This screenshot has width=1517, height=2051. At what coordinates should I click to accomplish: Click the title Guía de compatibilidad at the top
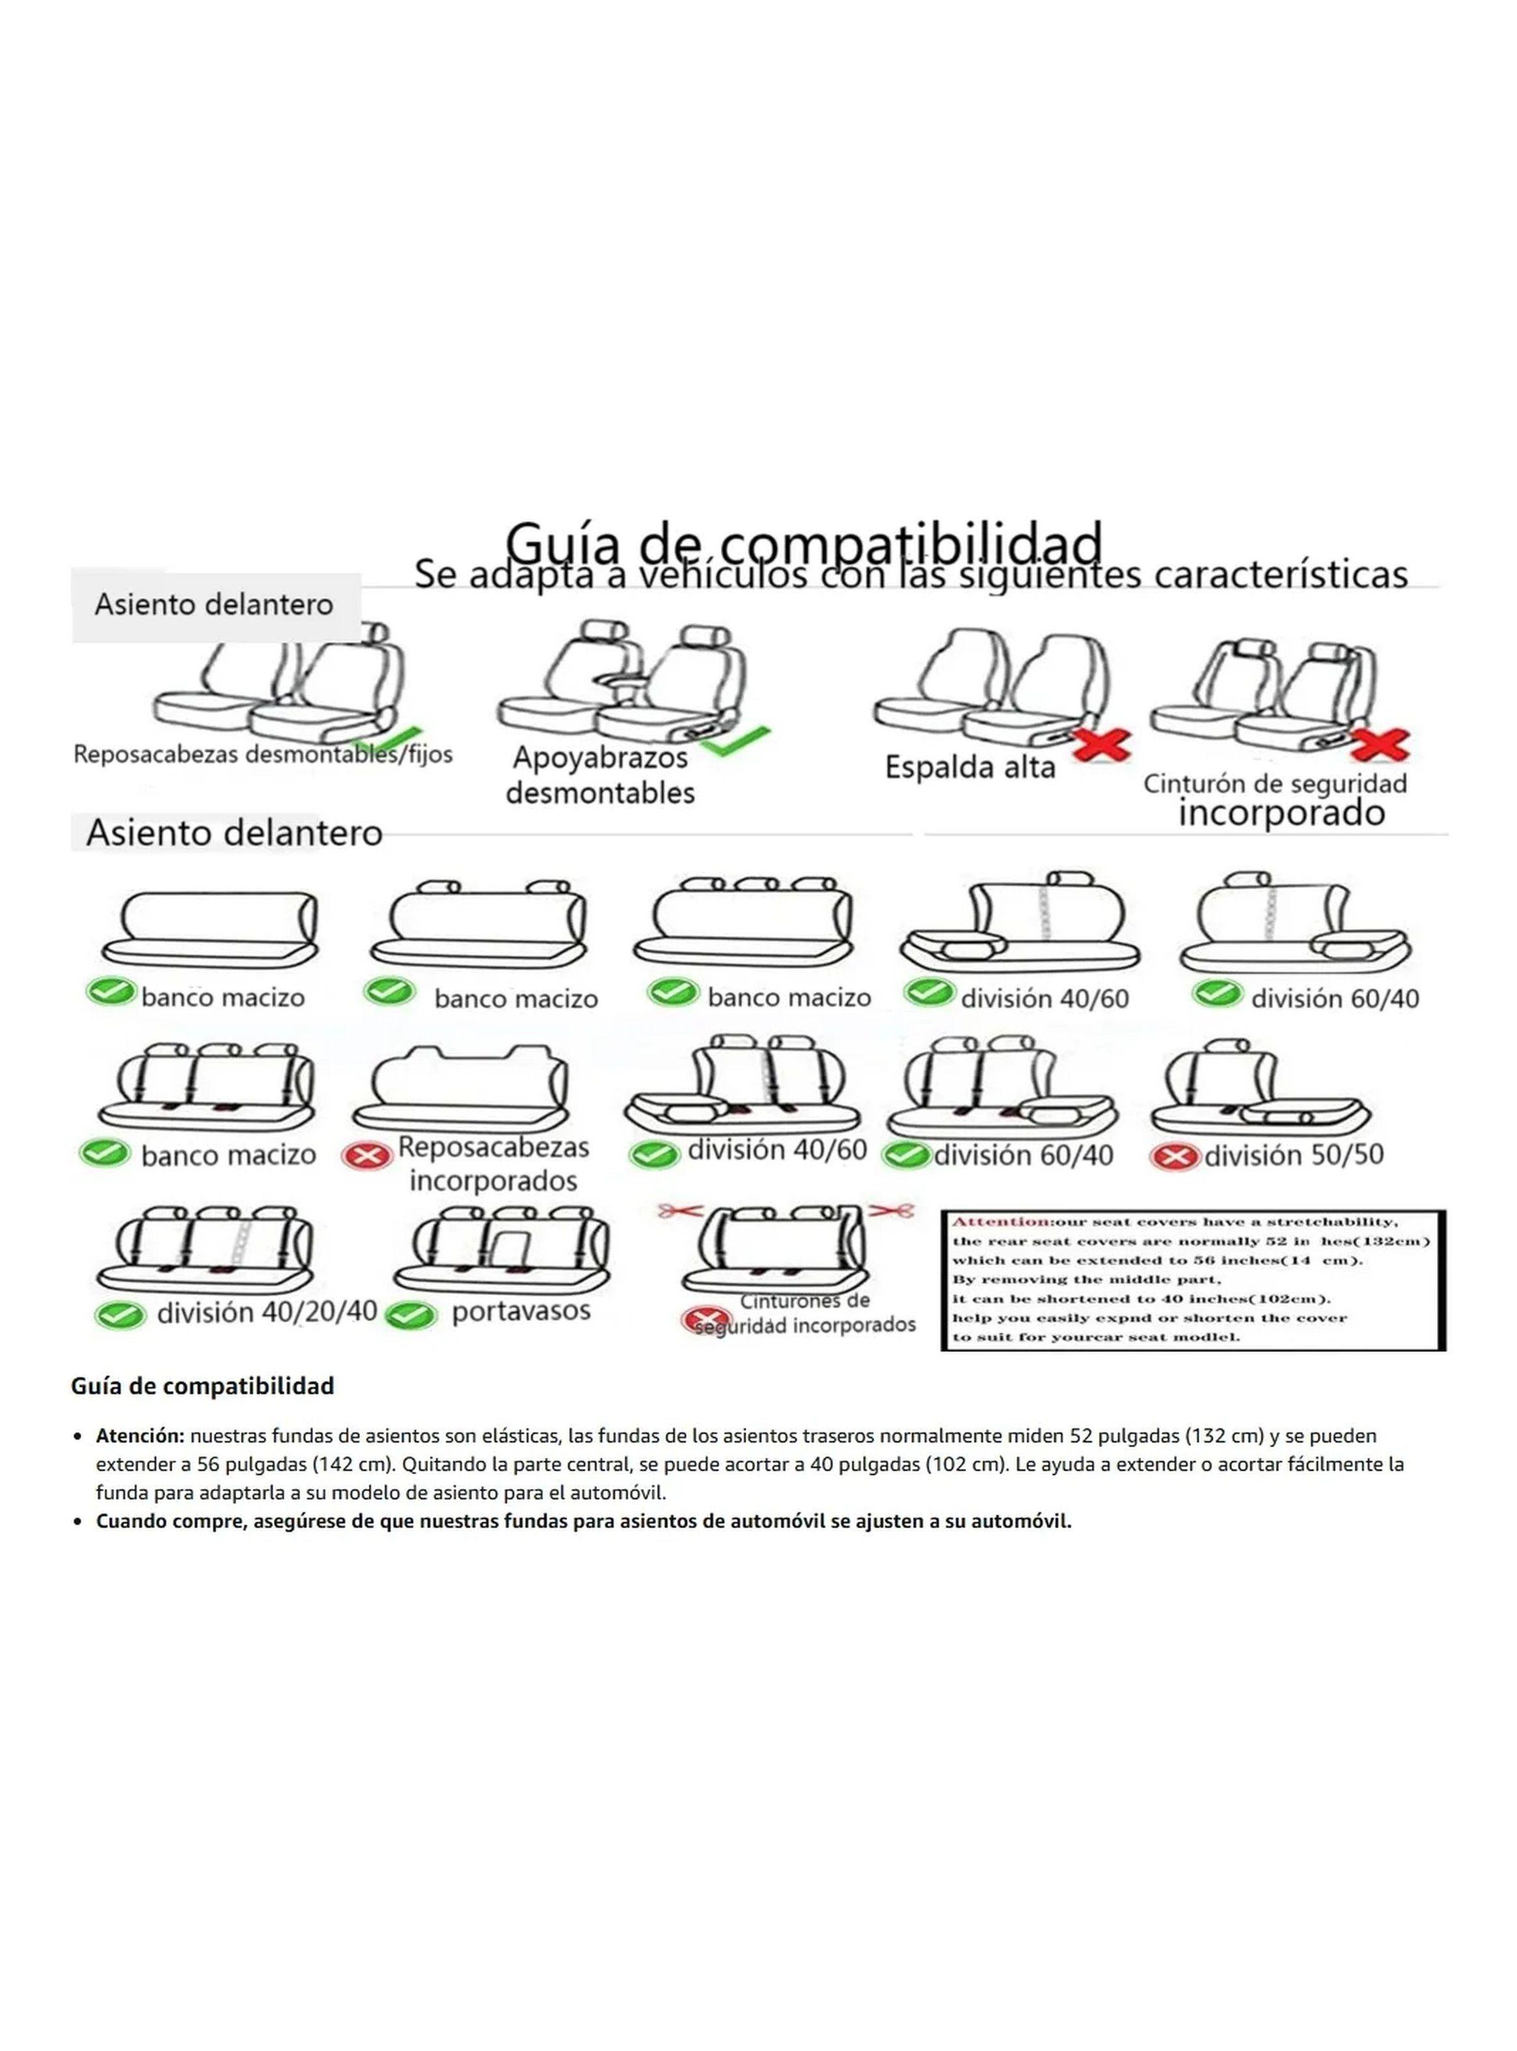point(804,543)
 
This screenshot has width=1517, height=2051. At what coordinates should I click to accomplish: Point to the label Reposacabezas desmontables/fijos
point(263,755)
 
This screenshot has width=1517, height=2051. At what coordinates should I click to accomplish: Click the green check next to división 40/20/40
point(120,1315)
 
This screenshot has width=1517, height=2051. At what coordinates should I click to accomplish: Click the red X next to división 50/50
point(1175,1156)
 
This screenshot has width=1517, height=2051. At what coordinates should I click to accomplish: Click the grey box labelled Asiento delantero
point(215,606)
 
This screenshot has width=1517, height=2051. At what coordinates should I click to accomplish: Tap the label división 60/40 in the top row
point(1334,998)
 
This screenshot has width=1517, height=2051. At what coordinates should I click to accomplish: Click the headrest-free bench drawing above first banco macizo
point(210,928)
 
